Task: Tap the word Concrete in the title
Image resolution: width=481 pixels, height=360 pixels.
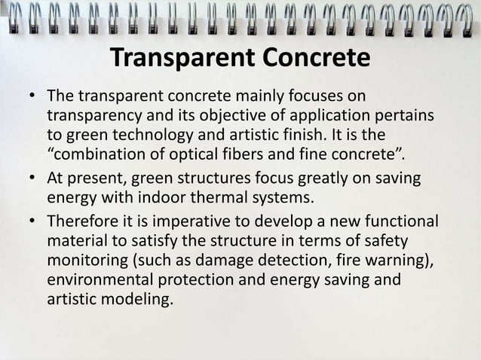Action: pyautogui.click(x=315, y=58)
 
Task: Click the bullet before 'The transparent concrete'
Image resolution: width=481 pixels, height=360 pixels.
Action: pyautogui.click(x=29, y=98)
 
